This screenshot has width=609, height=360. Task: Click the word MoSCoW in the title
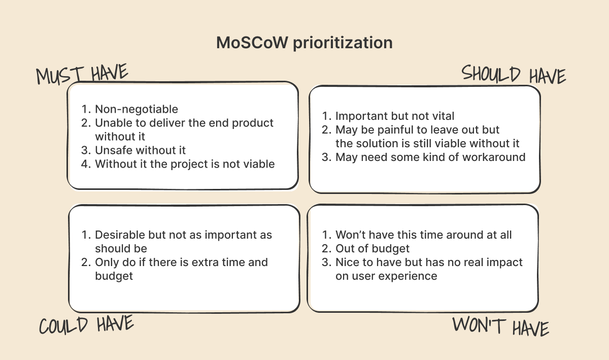point(252,43)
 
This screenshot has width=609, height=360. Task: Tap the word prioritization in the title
point(343,43)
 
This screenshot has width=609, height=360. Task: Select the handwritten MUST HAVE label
point(82,74)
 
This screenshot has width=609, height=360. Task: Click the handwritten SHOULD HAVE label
point(514,74)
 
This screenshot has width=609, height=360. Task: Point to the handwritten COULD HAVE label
point(86,324)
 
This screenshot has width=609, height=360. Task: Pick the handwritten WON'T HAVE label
point(500,326)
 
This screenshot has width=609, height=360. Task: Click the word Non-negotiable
point(137,109)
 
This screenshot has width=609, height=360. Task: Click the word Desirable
point(120,235)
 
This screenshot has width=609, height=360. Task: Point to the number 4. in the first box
point(86,164)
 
